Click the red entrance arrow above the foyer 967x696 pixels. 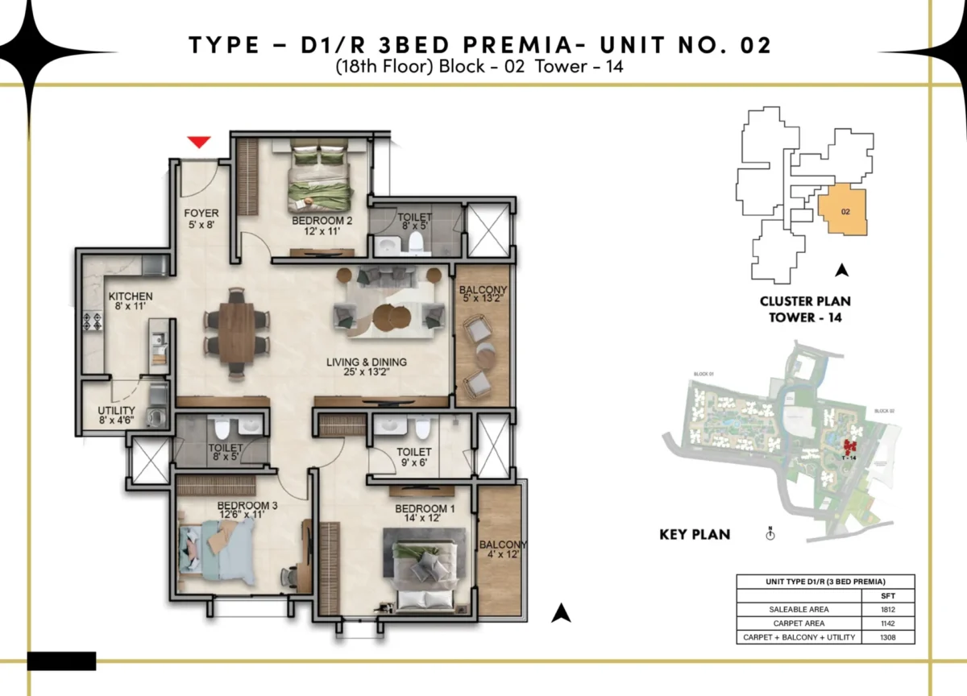pyautogui.click(x=199, y=143)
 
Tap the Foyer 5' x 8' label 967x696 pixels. pyautogui.click(x=201, y=219)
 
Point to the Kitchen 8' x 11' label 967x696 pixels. pyautogui.click(x=130, y=302)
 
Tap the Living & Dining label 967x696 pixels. pyautogui.click(x=366, y=367)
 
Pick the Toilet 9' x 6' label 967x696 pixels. pyautogui.click(x=414, y=458)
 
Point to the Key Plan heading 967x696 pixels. pyautogui.click(x=694, y=534)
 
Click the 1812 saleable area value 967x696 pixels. pyautogui.click(x=886, y=609)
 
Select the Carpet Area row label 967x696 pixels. pyautogui.click(x=799, y=623)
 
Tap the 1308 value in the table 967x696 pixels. pyautogui.click(x=886, y=637)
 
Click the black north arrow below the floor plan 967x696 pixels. pyautogui.click(x=561, y=614)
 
